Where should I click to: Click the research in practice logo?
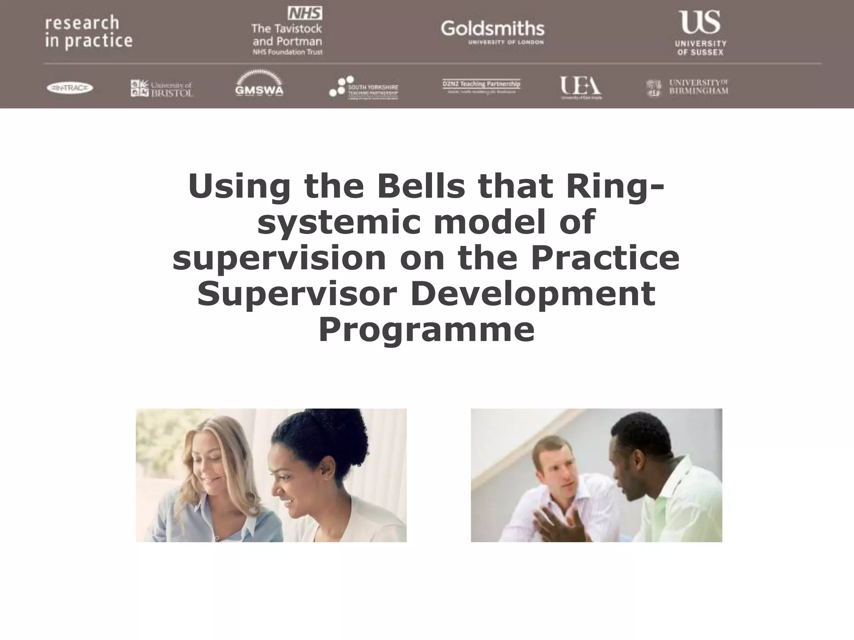(x=88, y=32)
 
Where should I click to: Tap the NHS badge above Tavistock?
(x=305, y=13)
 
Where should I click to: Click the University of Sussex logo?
(x=701, y=33)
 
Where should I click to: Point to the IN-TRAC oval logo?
(x=70, y=88)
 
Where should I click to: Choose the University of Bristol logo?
(x=162, y=88)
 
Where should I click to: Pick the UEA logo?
(x=580, y=87)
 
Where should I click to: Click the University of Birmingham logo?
(x=687, y=87)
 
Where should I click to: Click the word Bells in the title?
(x=421, y=186)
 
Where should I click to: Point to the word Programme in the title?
(x=426, y=330)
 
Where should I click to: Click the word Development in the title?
(x=532, y=294)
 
